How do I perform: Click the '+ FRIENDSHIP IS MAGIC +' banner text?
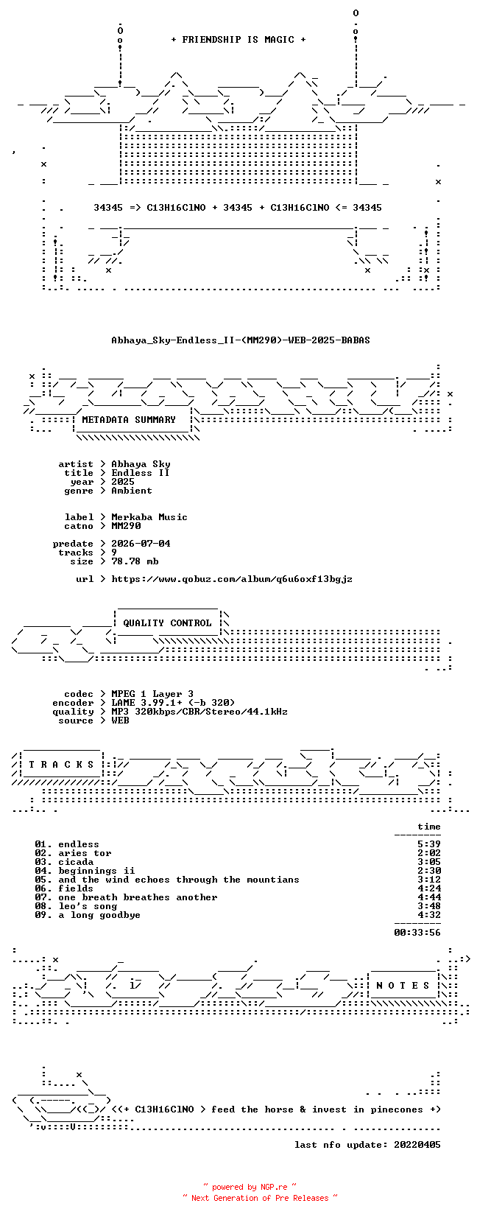point(239,40)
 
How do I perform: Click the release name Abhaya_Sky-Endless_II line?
point(241,340)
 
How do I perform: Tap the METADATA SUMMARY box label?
point(129,420)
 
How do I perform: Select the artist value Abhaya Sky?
point(141,464)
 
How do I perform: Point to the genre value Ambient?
point(132,491)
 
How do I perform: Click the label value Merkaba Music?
point(149,517)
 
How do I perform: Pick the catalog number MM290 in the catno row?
point(126,526)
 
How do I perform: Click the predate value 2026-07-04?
point(141,544)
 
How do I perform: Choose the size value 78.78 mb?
point(135,561)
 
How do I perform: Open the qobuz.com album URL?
point(232,579)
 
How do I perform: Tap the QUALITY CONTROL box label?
point(168,623)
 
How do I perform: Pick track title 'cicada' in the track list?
point(76,862)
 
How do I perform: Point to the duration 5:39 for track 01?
point(429,845)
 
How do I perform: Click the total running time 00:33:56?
point(417,933)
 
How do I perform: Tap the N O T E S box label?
point(403,986)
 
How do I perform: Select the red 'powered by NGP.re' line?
point(250,1187)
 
